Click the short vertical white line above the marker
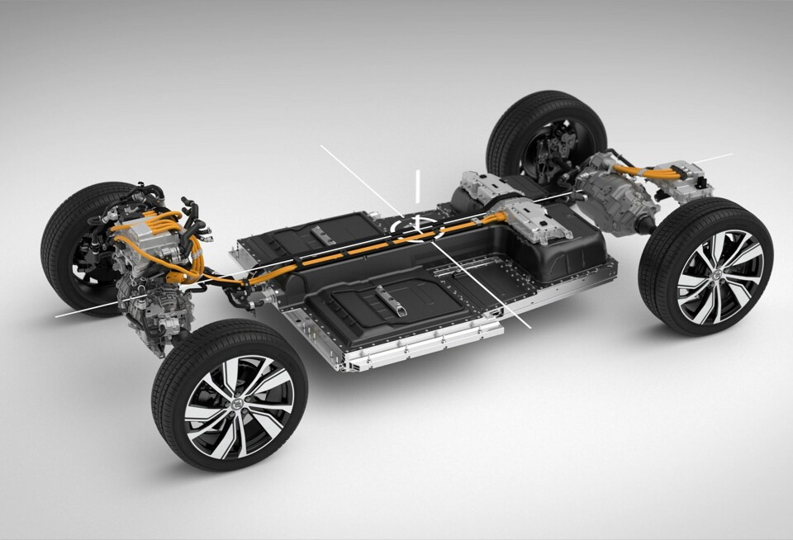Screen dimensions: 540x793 (x=419, y=185)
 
